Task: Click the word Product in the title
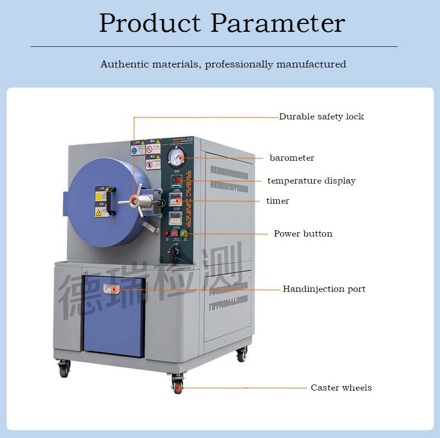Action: click(149, 23)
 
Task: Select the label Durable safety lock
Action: click(321, 117)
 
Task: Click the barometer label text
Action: click(292, 158)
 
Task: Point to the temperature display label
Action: click(311, 181)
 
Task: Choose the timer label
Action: click(277, 201)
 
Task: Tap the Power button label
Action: click(303, 234)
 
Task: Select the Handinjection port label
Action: click(324, 289)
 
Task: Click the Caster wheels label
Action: click(341, 388)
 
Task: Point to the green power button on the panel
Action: click(184, 233)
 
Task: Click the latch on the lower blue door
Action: click(111, 289)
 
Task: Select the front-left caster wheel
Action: click(65, 368)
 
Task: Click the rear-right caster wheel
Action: click(242, 354)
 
